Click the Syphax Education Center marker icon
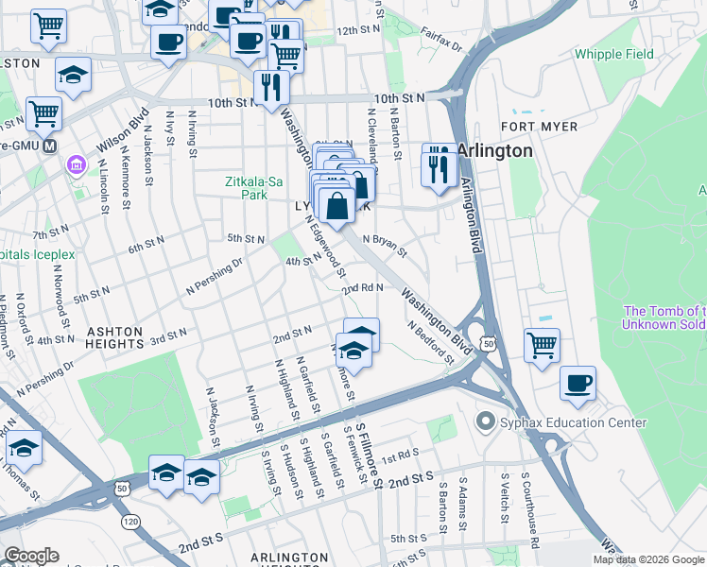pyautogui.click(x=486, y=421)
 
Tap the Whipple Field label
pyautogui.click(x=613, y=54)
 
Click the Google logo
pyautogui.click(x=31, y=556)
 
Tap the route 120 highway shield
pyautogui.click(x=129, y=521)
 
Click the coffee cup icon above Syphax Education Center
pyautogui.click(x=577, y=383)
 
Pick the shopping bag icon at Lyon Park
pyautogui.click(x=336, y=203)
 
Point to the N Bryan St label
pyautogui.click(x=385, y=247)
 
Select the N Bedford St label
pyautogui.click(x=431, y=343)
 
